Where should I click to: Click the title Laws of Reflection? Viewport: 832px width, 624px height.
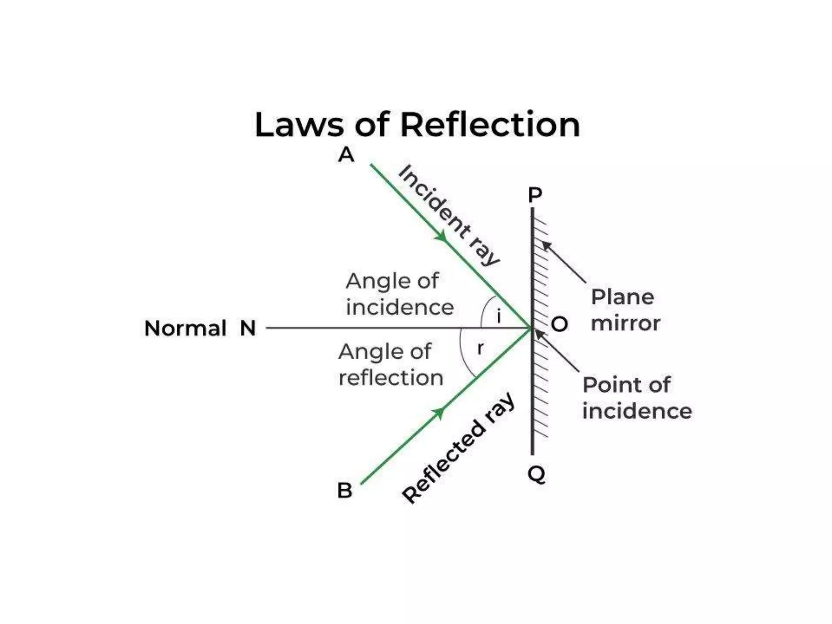pyautogui.click(x=417, y=125)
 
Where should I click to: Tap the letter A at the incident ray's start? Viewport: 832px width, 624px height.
pyautogui.click(x=346, y=155)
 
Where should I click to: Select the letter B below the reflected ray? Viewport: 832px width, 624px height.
pyautogui.click(x=344, y=490)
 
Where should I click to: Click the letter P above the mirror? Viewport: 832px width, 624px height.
pyautogui.click(x=535, y=195)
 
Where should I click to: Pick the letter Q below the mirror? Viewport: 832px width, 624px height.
pyautogui.click(x=536, y=474)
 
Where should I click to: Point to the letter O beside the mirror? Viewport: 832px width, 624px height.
pyautogui.click(x=559, y=324)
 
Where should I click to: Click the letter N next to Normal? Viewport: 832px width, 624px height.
pyautogui.click(x=248, y=328)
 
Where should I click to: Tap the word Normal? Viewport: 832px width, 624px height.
pyautogui.click(x=185, y=328)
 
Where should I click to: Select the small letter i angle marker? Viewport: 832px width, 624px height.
pyautogui.click(x=499, y=316)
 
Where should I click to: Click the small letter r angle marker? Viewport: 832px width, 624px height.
pyautogui.click(x=481, y=348)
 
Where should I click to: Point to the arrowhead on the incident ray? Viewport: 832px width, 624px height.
pyautogui.click(x=442, y=236)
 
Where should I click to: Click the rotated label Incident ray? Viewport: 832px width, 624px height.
pyautogui.click(x=448, y=215)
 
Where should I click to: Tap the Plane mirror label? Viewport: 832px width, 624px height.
pyautogui.click(x=625, y=310)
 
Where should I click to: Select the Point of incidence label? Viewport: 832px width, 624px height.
pyautogui.click(x=637, y=398)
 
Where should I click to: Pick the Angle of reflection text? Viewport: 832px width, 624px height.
pyautogui.click(x=390, y=364)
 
